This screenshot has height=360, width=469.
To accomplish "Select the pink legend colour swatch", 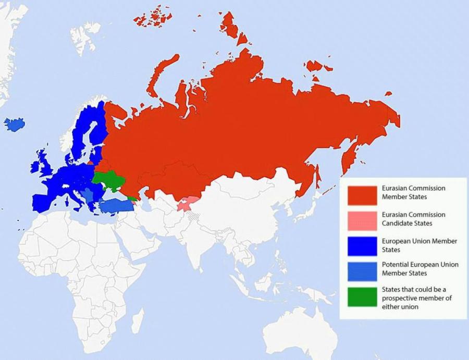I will click(x=362, y=220).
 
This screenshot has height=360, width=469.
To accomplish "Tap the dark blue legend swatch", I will click(x=362, y=245).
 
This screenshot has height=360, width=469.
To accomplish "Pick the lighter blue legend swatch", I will click(x=362, y=269).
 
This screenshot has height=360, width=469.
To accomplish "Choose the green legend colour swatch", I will click(x=362, y=297).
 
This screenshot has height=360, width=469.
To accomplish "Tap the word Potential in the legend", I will click(x=399, y=265).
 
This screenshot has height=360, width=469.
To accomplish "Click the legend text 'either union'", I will click(x=400, y=307).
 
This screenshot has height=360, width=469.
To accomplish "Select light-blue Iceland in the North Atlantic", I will click(x=15, y=125).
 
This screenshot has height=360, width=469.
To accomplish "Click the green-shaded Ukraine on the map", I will click(x=109, y=180).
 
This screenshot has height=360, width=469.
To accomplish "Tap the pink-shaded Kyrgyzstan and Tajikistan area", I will click(x=188, y=204).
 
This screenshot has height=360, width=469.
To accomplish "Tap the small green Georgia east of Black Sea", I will click(x=133, y=198).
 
